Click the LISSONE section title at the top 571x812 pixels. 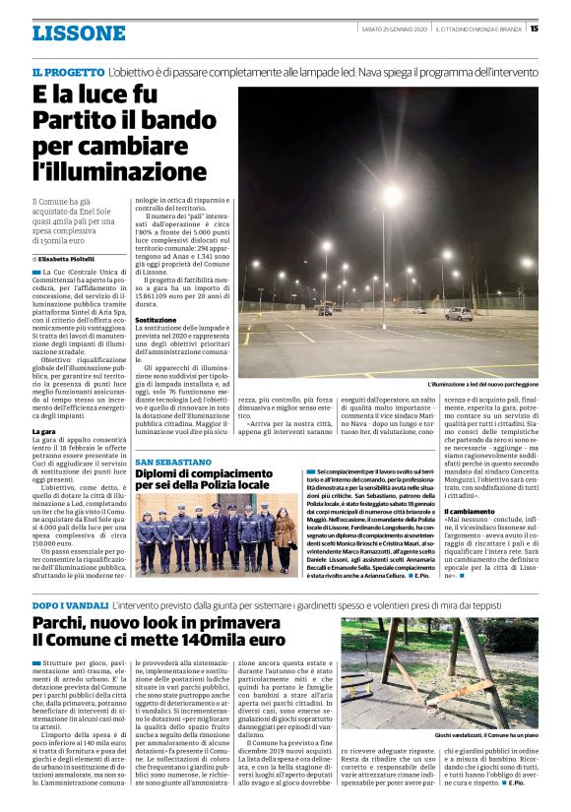click(79, 33)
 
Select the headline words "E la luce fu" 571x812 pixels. click(95, 96)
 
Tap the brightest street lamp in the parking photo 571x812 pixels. click(392, 194)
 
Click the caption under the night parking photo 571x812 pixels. click(482, 384)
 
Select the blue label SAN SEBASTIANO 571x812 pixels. click(173, 462)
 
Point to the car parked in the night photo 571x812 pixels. click(459, 313)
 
